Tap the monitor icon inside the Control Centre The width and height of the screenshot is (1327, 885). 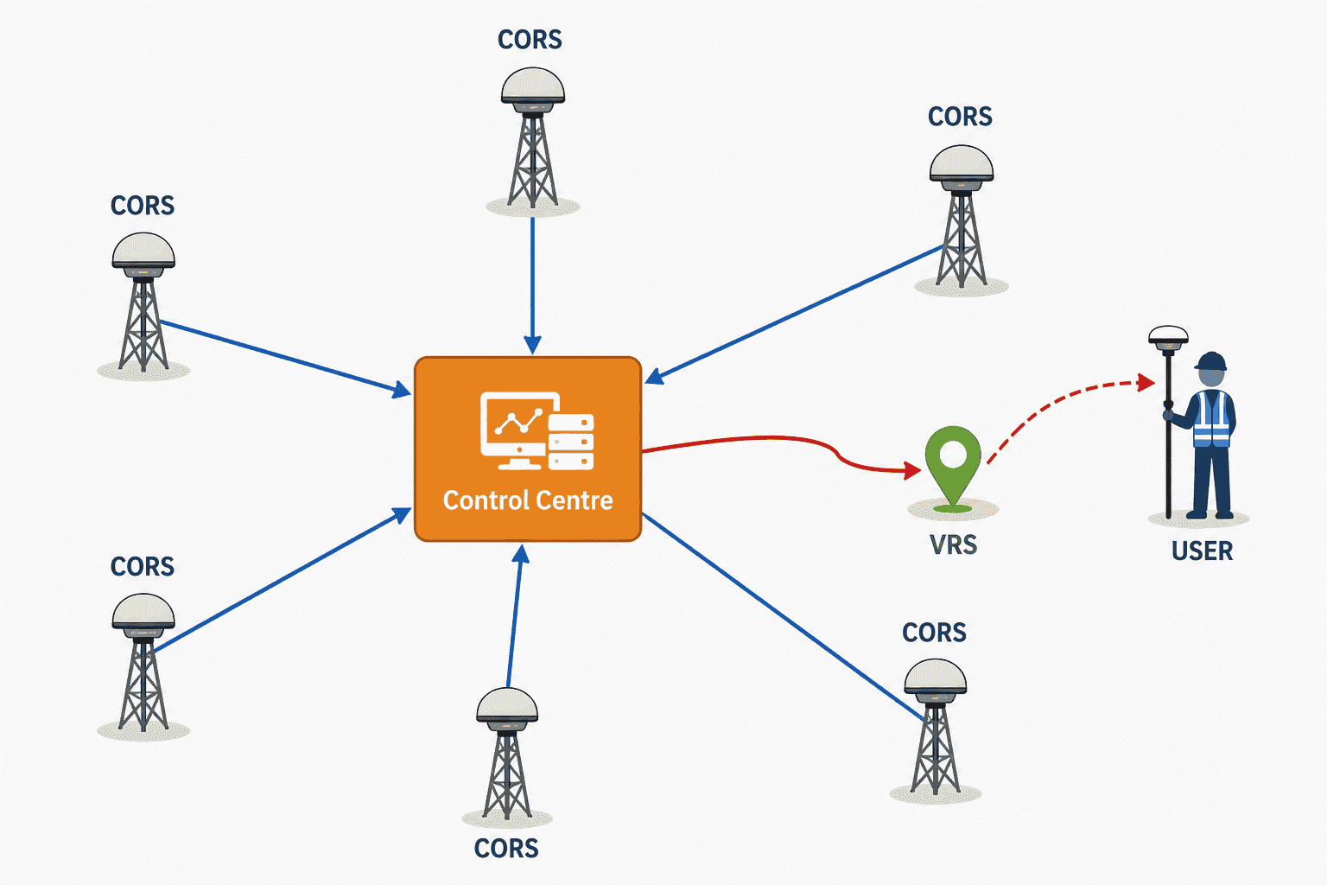pos(514,430)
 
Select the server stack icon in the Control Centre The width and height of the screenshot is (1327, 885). pos(571,442)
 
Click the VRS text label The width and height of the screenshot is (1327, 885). pos(953,544)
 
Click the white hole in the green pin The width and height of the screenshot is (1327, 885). pos(953,454)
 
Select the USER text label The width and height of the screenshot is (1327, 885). pos(1202,551)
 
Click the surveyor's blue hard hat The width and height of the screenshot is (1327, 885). pos(1211,361)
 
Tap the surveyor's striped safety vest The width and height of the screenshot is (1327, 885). pos(1212,420)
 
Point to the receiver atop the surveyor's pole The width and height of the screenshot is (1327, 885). pos(1168,337)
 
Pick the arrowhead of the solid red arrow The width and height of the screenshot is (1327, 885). pos(912,471)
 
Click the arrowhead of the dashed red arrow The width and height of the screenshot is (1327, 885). pos(1146,383)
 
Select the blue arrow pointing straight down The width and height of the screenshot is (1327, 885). pos(532,286)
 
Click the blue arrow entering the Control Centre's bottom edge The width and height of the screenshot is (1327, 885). pos(515,616)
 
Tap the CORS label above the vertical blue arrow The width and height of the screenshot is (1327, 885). pos(530,40)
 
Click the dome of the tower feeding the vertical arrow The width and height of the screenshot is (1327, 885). pos(532,86)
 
